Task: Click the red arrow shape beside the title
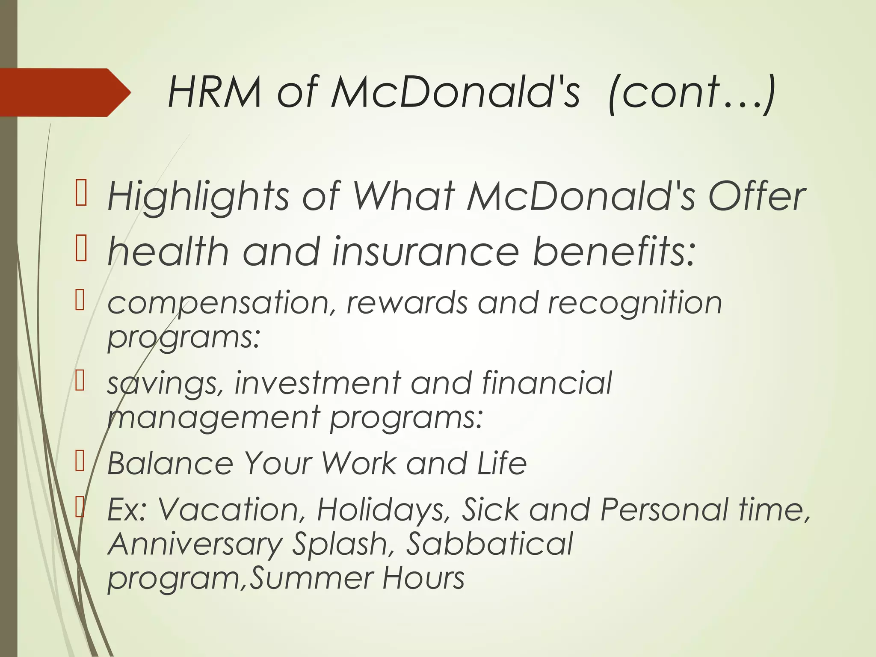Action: pyautogui.click(x=64, y=92)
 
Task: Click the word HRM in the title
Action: pyautogui.click(x=214, y=92)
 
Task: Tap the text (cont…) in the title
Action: pyautogui.click(x=691, y=92)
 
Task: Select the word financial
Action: pyautogui.click(x=547, y=382)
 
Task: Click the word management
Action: pyautogui.click(x=213, y=417)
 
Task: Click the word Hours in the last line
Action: pyautogui.click(x=423, y=578)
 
